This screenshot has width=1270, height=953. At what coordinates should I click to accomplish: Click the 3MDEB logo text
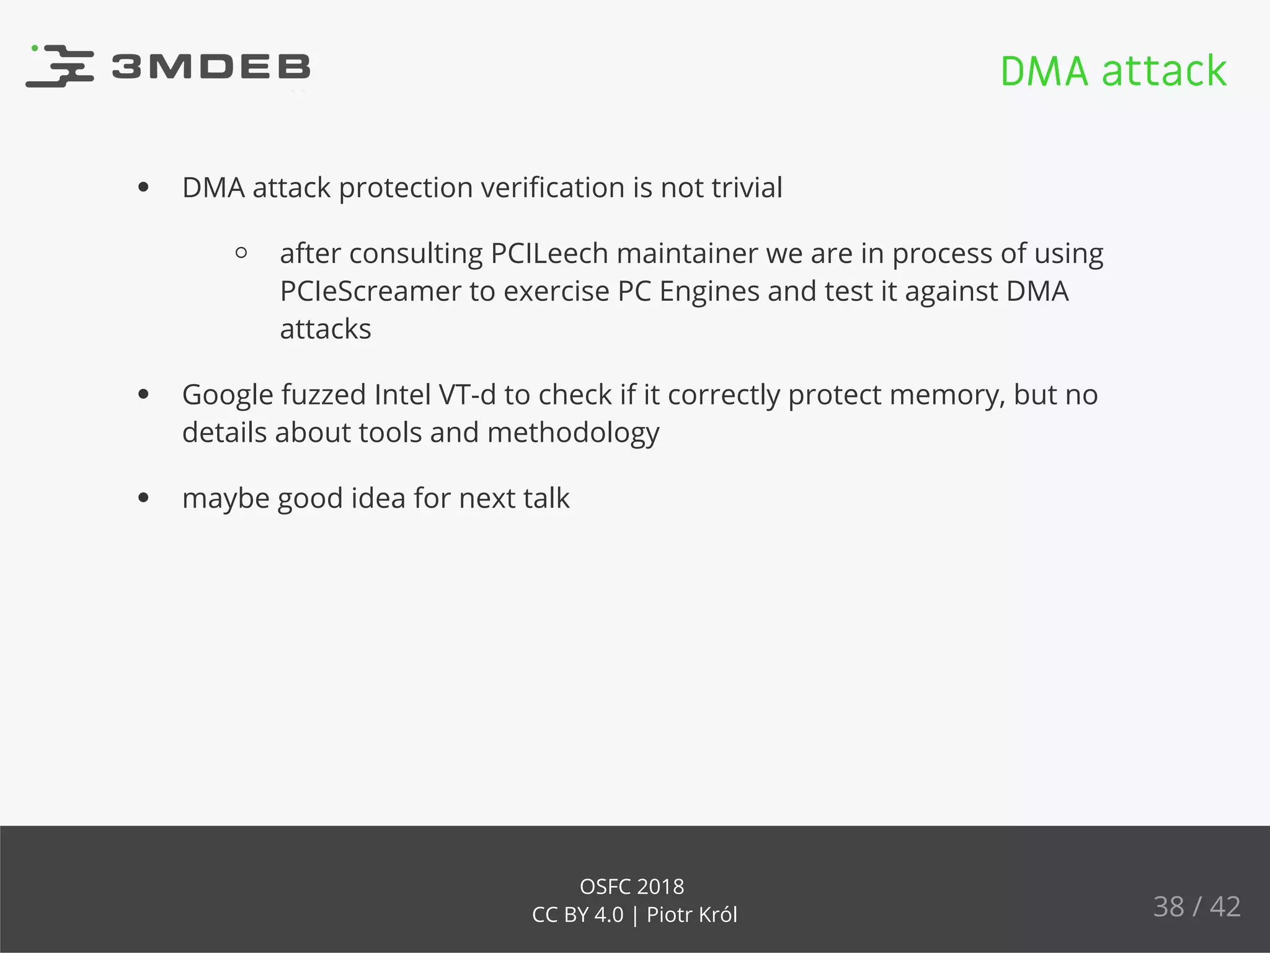211,67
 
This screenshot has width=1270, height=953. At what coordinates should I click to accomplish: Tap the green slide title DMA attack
1113,71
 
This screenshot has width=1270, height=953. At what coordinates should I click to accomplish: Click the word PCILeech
549,253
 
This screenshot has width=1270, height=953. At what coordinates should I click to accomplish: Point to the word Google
228,395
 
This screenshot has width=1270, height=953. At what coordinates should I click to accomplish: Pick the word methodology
573,433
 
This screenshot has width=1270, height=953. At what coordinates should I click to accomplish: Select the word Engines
709,292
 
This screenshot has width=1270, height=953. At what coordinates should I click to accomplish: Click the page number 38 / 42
1196,906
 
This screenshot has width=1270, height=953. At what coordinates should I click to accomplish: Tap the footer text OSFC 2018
632,887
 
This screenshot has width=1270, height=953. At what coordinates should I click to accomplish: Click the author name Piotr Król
692,915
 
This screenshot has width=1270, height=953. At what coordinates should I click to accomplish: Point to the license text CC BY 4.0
577,915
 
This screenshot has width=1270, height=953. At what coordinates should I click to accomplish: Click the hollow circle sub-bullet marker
242,253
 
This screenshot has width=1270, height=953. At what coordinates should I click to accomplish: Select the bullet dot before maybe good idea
144,498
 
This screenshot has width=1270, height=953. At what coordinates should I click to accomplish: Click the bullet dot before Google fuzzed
144,395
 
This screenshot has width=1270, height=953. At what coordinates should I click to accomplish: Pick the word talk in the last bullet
546,498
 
